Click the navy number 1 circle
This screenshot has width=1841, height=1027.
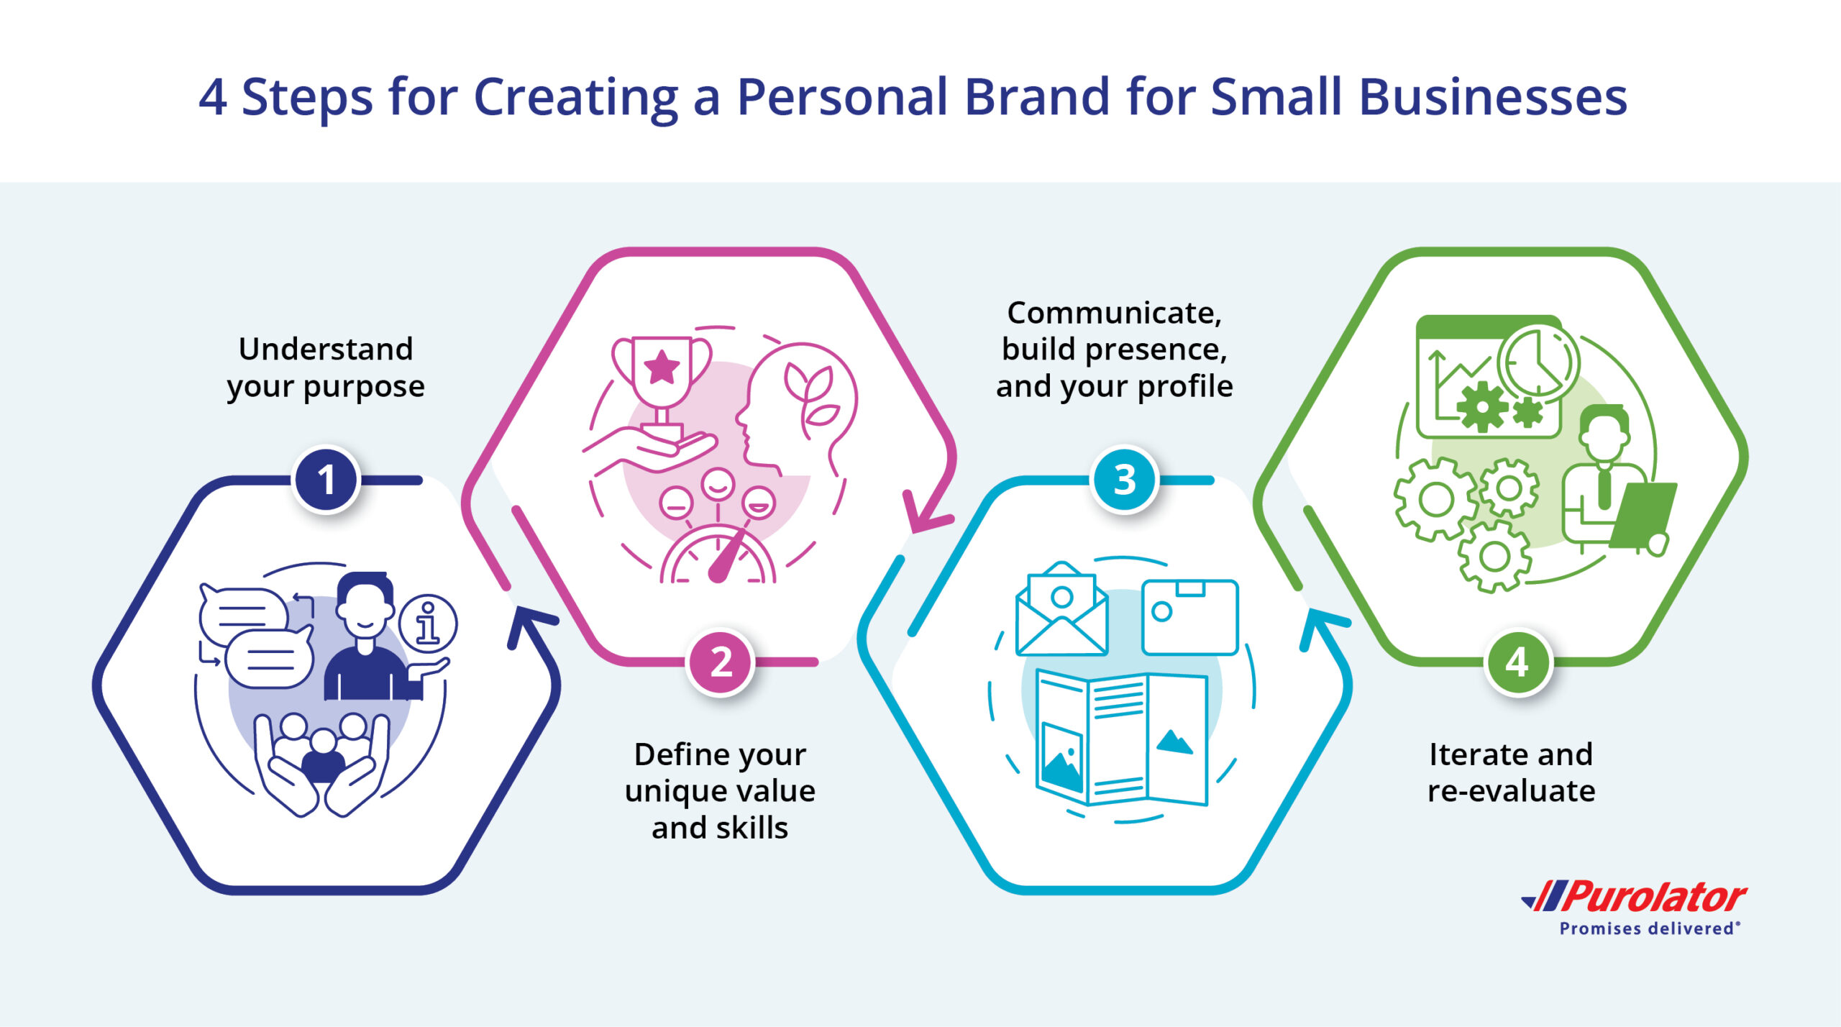coord(326,480)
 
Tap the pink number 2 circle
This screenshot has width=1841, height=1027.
coord(721,662)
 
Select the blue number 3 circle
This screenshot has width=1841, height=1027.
coord(1125,480)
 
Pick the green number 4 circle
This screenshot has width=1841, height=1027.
coord(1517,662)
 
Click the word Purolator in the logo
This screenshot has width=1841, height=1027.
coord(1653,897)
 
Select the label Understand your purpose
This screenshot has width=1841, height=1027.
coord(326,368)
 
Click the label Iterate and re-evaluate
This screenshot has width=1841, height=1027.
coord(1511,772)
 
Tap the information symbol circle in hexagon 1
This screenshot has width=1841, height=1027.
coord(427,623)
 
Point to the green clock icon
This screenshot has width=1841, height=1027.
coord(1538,363)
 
